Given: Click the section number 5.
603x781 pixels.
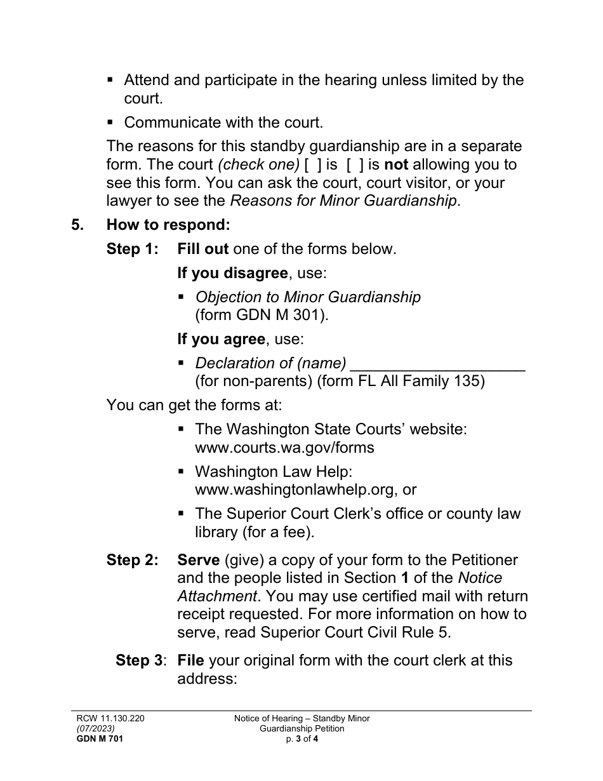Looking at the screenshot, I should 77,225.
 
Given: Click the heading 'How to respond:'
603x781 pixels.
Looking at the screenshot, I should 168,225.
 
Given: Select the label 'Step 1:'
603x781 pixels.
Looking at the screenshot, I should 132,249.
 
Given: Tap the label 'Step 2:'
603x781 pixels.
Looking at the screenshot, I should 132,560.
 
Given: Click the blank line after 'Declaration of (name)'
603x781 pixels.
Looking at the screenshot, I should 437,364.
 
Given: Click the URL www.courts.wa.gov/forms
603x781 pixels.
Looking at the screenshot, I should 284,448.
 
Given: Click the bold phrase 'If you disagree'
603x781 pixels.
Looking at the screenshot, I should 232,273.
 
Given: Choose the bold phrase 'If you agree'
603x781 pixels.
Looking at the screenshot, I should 221,339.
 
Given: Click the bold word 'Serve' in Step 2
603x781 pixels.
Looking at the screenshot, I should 198,560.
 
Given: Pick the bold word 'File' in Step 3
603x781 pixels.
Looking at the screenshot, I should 190,660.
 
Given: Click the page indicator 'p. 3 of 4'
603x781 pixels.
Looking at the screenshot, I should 301,738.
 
